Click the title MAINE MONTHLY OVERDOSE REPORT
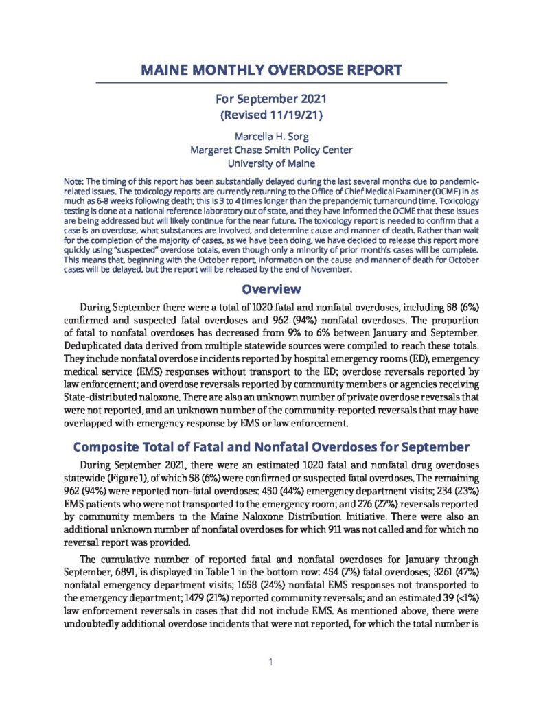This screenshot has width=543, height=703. [271, 69]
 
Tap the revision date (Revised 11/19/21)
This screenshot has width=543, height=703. [271, 115]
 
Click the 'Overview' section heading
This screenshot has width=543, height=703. [271, 290]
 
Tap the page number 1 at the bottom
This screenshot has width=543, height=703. [271, 662]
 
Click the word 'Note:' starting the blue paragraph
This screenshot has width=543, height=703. [73, 181]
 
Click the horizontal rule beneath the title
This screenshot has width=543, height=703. [271, 83]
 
